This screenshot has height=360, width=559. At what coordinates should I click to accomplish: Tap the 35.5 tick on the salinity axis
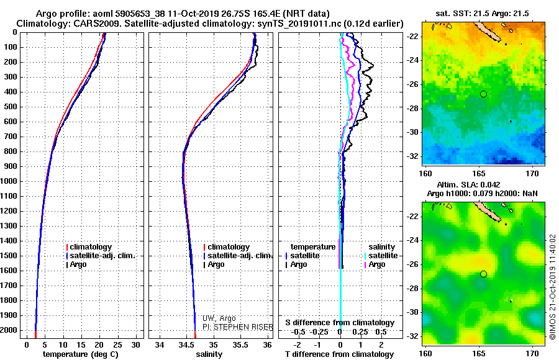pyautogui.click(x=240, y=344)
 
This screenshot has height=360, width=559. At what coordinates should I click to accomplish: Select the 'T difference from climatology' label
pyautogui.click(x=340, y=354)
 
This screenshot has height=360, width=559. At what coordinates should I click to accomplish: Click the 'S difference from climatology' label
pyautogui.click(x=340, y=323)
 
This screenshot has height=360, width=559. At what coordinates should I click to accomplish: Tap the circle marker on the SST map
pyautogui.click(x=483, y=94)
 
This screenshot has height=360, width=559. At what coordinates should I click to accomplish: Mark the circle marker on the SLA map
pyautogui.click(x=483, y=274)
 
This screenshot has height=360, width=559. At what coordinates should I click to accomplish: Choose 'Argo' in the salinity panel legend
pyautogui.click(x=216, y=264)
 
